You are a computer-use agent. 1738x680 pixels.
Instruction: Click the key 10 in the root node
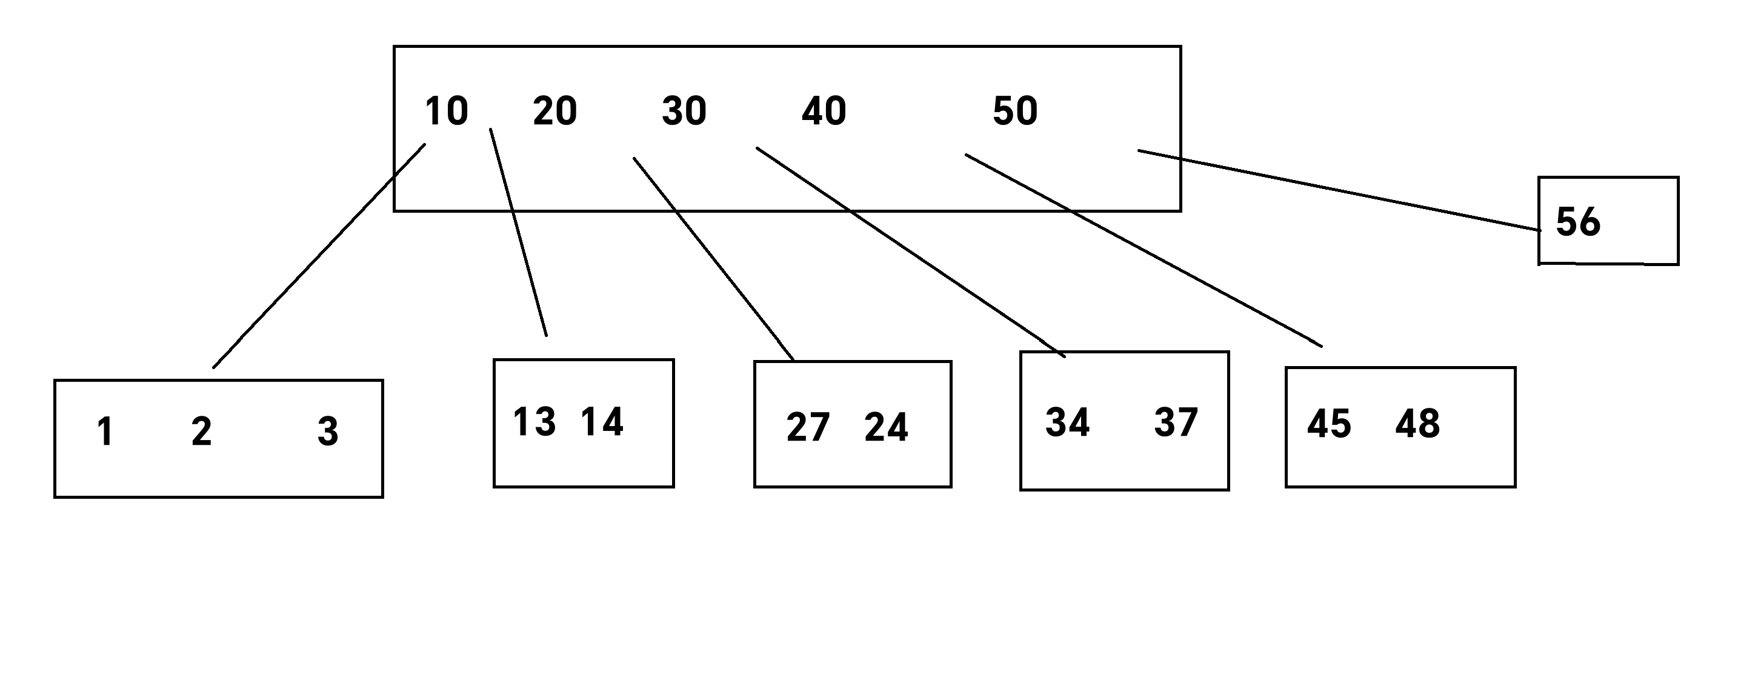[446, 112]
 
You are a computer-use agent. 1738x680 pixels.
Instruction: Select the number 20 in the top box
[554, 112]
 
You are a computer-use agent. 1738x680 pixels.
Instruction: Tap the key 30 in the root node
[684, 112]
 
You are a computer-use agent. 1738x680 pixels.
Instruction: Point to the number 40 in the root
[823, 112]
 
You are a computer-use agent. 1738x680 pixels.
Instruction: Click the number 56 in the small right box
[1577, 222]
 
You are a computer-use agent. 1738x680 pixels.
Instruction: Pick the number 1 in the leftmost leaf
[105, 432]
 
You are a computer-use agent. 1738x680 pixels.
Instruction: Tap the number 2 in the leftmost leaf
[201, 432]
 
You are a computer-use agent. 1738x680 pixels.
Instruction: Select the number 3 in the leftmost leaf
[328, 432]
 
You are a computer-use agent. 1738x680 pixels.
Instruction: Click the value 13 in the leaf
[534, 422]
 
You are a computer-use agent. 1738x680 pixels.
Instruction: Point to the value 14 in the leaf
[602, 422]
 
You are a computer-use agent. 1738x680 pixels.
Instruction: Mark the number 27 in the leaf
[808, 428]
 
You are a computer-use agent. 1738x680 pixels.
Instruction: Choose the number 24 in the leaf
[886, 428]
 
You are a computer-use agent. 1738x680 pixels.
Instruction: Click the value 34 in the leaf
[1067, 423]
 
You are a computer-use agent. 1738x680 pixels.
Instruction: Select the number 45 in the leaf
[1328, 425]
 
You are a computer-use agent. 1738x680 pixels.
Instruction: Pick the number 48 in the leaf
[1417, 425]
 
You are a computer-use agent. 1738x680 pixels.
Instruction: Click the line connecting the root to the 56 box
[1339, 190]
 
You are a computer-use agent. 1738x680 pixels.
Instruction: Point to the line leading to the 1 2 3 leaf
[319, 256]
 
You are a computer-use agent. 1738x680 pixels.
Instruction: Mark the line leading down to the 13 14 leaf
[518, 232]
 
